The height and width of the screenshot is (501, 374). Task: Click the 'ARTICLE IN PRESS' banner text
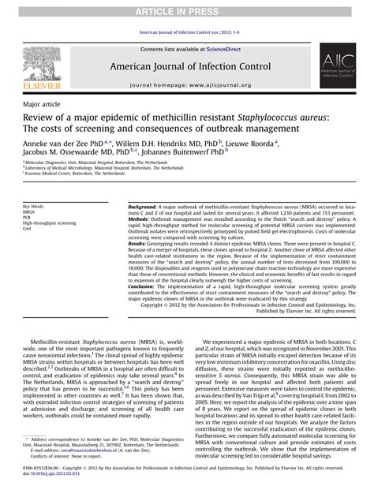187,9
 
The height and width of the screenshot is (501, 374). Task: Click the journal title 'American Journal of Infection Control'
186,65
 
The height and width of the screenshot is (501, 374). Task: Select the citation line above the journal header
187,34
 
